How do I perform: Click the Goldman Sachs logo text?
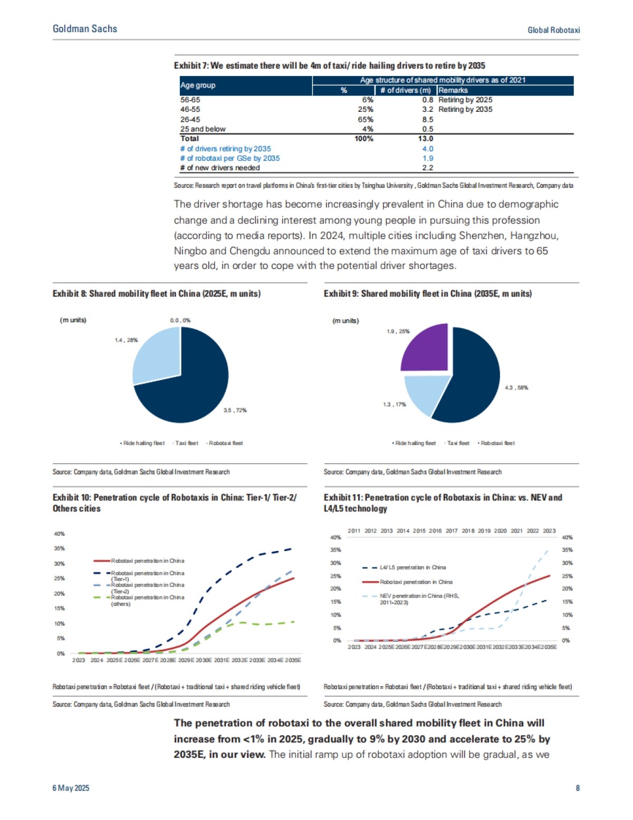point(85,29)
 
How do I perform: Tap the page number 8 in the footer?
point(578,788)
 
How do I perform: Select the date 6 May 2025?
point(71,788)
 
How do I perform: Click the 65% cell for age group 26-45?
point(365,120)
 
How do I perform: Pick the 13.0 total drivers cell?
point(425,139)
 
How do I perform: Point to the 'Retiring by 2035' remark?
point(465,110)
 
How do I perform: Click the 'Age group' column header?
point(198,85)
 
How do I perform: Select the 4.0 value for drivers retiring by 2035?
point(427,149)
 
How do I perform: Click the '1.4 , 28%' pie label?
point(126,340)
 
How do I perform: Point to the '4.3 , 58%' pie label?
point(516,388)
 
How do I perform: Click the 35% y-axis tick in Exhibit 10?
point(59,548)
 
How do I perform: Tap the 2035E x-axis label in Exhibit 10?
point(293,660)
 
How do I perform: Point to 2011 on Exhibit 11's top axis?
point(354,531)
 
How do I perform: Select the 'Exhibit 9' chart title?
point(427,294)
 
